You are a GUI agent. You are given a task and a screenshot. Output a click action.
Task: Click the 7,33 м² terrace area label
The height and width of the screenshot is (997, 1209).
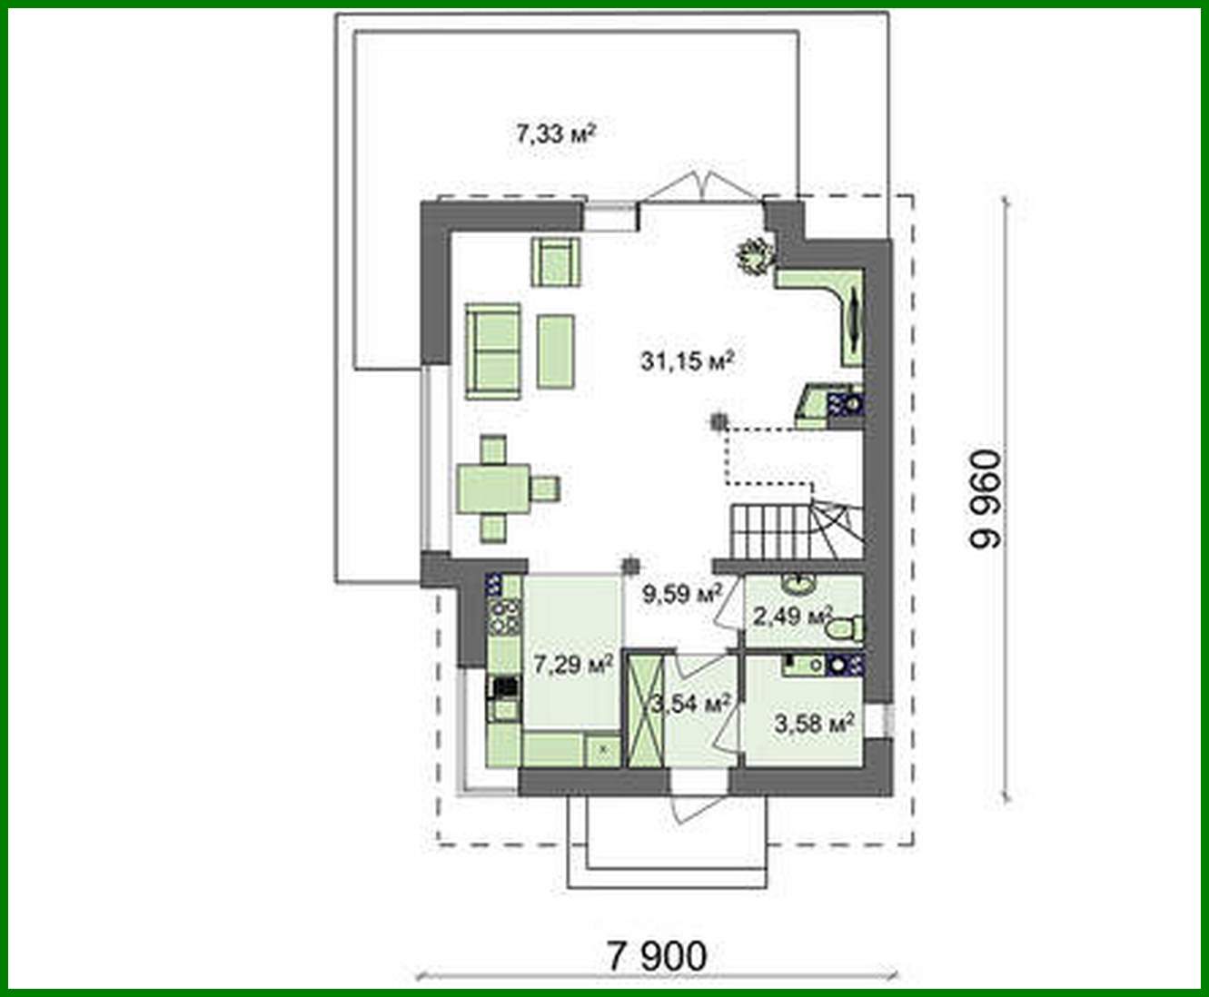555,135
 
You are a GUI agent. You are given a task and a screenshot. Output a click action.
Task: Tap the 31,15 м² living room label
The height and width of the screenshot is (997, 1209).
687,361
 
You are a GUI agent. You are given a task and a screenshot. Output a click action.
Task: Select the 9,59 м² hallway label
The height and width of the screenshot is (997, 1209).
682,595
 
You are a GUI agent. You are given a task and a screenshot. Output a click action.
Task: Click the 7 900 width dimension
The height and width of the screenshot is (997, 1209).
656,955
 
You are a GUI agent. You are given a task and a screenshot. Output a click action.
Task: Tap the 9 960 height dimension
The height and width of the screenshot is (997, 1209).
986,499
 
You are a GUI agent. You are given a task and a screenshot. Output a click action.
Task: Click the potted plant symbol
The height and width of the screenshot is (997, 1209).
755,254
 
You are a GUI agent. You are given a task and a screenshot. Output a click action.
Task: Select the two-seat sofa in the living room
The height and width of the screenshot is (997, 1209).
494,351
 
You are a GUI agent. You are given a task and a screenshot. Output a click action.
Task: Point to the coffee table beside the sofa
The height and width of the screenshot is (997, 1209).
555,350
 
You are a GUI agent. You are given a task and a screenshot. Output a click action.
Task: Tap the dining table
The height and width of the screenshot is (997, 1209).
493,489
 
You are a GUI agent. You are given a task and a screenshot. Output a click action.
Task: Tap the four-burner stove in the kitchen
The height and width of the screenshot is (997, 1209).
504,616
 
